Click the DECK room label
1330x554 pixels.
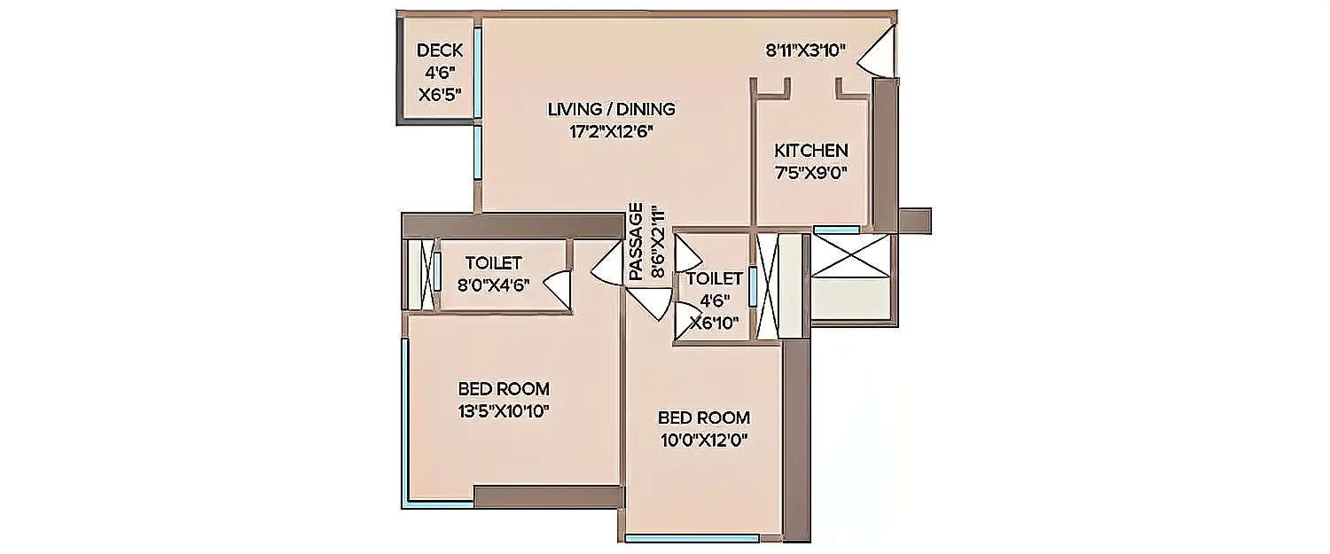click(439, 51)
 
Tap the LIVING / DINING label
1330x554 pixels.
click(612, 110)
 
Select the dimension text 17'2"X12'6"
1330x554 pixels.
click(612, 131)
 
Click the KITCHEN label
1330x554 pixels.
click(811, 151)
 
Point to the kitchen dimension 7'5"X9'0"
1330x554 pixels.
click(811, 172)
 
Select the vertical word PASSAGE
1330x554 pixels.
click(636, 242)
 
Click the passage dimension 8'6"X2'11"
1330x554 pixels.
click(657, 242)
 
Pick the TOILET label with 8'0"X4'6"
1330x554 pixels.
click(493, 263)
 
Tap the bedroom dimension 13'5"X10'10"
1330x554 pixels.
click(503, 410)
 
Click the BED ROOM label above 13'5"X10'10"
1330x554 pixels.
click(503, 388)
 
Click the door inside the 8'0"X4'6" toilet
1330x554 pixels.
click(557, 289)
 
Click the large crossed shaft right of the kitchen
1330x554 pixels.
click(850, 258)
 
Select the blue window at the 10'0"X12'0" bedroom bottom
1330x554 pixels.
click(692, 537)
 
